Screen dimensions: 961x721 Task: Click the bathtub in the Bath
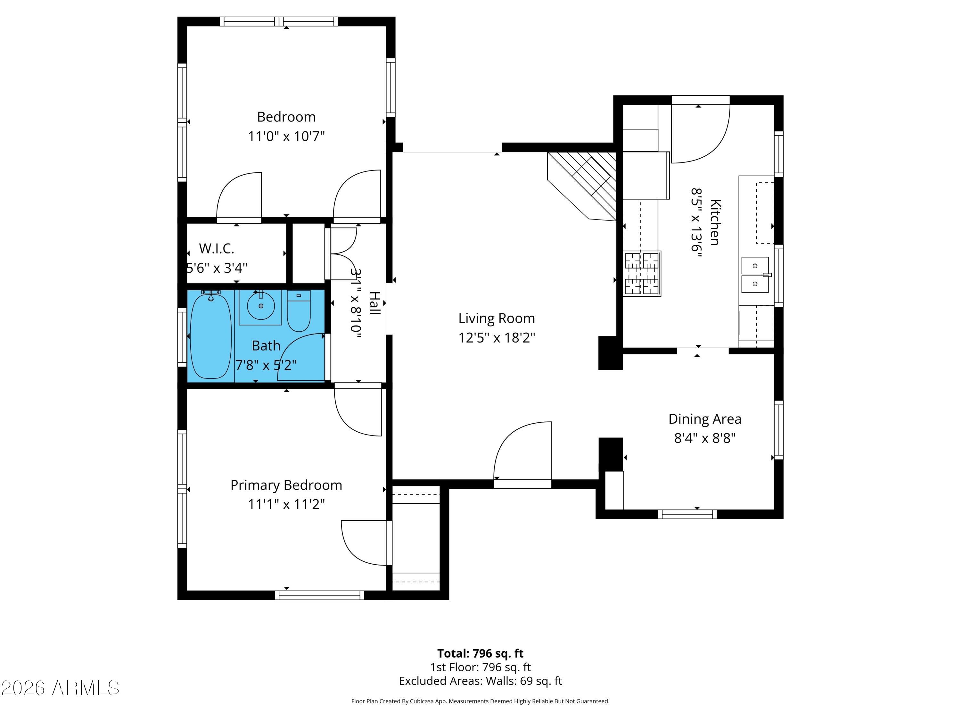211,336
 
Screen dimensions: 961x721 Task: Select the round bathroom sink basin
261,306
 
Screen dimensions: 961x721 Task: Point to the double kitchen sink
755,275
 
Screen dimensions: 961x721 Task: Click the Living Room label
497,318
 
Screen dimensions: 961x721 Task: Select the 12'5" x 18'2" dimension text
497,338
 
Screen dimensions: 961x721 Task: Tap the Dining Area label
705,419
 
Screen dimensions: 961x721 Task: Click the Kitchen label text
715,222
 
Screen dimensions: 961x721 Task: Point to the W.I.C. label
216,249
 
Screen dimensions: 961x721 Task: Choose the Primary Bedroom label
286,485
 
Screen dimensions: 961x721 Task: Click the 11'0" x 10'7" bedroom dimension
286,137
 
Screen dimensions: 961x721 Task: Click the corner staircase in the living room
582,186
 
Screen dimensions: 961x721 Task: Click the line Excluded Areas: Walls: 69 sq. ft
480,681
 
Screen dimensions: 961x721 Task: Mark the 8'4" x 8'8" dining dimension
705,438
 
